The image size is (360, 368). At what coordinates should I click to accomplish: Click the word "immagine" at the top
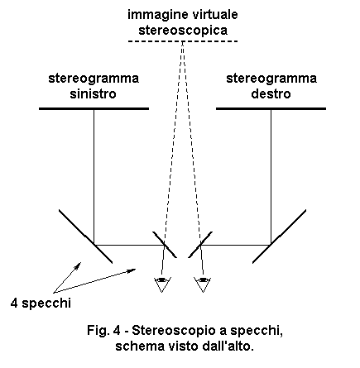pyautogui.click(x=154, y=15)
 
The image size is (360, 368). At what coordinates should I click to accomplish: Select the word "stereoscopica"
pyautogui.click(x=183, y=31)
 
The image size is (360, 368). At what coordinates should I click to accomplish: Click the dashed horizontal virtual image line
pyautogui.click(x=183, y=41)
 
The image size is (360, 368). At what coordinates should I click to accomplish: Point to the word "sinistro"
pyautogui.click(x=93, y=93)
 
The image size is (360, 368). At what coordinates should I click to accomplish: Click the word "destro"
pyautogui.click(x=271, y=93)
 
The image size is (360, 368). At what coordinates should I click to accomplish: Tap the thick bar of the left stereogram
pyautogui.click(x=94, y=108)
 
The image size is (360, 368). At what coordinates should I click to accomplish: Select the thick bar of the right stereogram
pyautogui.click(x=271, y=108)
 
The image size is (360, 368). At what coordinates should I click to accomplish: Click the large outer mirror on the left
pyautogui.click(x=85, y=237)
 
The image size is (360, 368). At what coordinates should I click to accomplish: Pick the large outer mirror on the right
pyautogui.click(x=279, y=237)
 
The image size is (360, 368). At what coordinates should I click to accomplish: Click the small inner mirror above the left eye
pyautogui.click(x=165, y=245)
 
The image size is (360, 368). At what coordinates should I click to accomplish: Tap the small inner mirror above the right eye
pyautogui.click(x=200, y=245)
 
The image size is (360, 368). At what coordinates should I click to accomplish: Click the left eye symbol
pyautogui.click(x=162, y=284)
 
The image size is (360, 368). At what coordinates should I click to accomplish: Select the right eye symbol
pyautogui.click(x=204, y=284)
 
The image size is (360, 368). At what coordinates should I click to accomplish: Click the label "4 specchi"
pyautogui.click(x=41, y=303)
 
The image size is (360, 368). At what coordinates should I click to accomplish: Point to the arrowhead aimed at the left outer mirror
pyautogui.click(x=79, y=265)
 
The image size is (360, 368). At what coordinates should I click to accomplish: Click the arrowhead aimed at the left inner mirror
pyautogui.click(x=132, y=270)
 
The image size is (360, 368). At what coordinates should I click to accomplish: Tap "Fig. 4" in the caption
pyautogui.click(x=103, y=330)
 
